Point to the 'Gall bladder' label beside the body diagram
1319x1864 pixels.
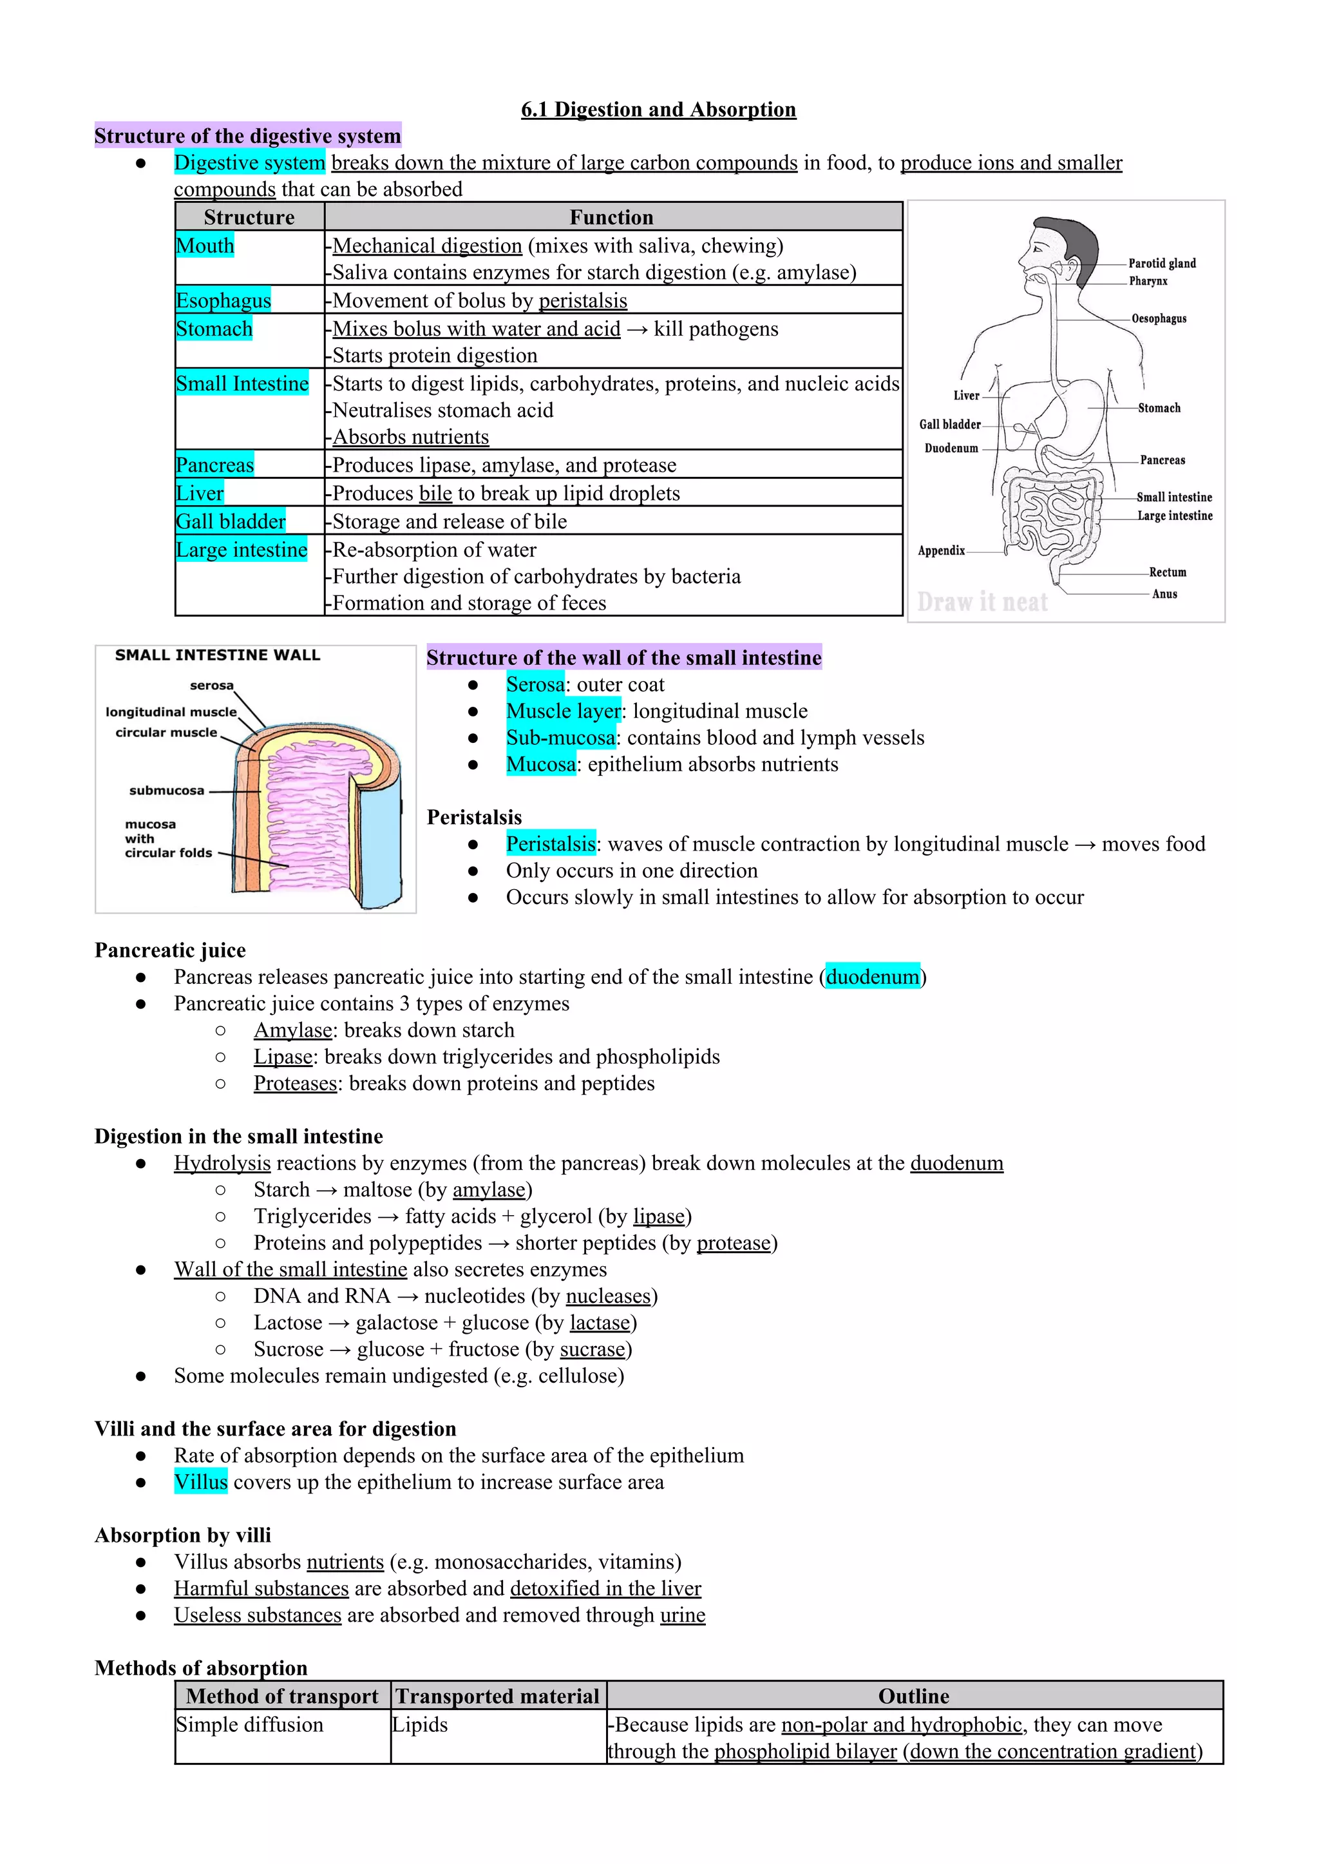click(x=949, y=424)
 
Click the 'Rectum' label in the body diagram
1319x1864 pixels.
click(x=1167, y=572)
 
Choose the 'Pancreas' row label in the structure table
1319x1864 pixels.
click(x=214, y=465)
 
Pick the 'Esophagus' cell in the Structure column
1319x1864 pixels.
click(x=223, y=301)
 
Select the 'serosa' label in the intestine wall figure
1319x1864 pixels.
click(x=211, y=686)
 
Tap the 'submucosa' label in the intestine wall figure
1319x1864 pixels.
click(x=167, y=791)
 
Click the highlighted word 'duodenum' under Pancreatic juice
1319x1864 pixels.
click(x=872, y=977)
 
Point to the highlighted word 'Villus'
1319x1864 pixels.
click(x=200, y=1482)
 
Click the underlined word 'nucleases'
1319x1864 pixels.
click(x=609, y=1296)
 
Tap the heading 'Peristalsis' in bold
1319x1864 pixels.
click(x=474, y=818)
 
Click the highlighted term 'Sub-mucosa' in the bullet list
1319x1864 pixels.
click(x=560, y=738)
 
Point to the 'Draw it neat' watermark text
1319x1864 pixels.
click(x=982, y=602)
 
